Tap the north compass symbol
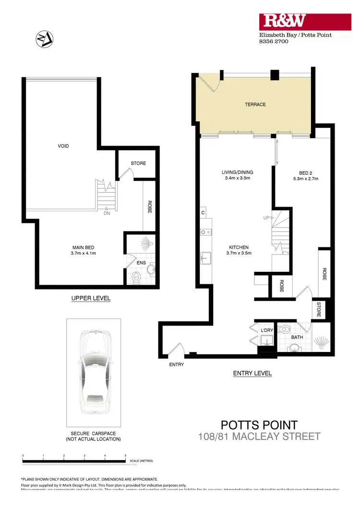pos(44,39)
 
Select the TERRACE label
pos(255,104)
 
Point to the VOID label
pos(63,146)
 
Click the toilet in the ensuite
pos(136,277)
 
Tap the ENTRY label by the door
pos(176,365)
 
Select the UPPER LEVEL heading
pos(91,298)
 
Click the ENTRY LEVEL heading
pos(252,373)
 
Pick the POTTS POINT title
pos(259,425)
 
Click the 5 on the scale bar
pos(126,455)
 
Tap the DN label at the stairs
pos(107,214)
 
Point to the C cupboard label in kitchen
pos(203,212)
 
